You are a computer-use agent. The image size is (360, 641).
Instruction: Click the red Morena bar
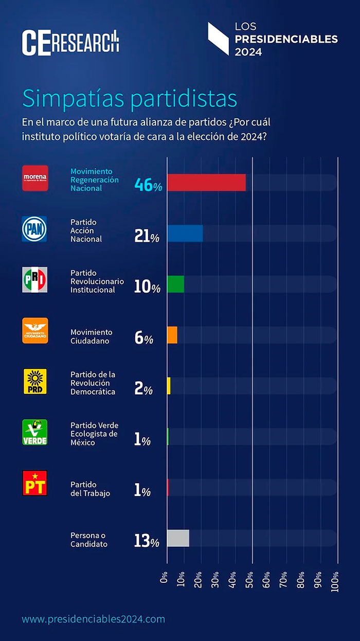point(206,183)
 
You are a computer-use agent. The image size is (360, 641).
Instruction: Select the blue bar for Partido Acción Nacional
point(185,234)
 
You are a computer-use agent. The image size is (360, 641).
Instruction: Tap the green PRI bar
point(176,284)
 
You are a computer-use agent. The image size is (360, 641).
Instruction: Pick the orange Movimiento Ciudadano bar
point(172,335)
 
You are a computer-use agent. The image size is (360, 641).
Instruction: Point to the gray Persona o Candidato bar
point(178,538)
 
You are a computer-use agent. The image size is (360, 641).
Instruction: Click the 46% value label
point(148,185)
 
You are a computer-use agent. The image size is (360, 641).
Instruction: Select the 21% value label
point(147,236)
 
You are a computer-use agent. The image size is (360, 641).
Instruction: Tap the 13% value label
point(147,541)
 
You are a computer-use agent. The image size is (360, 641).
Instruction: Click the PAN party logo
point(35,229)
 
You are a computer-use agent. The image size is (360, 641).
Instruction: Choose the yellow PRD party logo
point(35,382)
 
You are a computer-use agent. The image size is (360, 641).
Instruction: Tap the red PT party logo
point(35,483)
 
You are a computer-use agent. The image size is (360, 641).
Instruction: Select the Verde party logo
point(35,432)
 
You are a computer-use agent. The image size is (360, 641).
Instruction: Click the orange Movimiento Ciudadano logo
point(35,330)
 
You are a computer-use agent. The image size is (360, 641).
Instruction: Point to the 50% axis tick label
point(249,577)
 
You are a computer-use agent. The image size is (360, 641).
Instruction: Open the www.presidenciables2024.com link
point(93,619)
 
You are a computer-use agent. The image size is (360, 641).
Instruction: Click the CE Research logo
point(70,42)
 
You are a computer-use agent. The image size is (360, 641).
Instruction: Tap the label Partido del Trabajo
point(91,489)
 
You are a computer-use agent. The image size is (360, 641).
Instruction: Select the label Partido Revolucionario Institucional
point(97,281)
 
